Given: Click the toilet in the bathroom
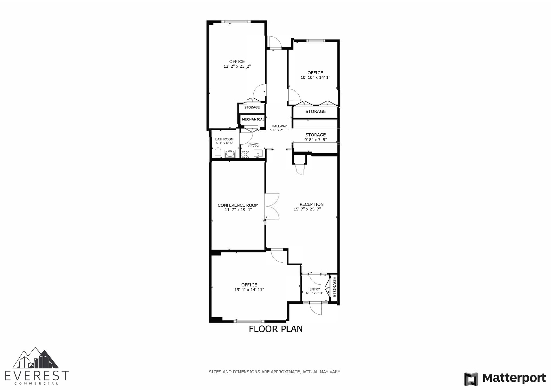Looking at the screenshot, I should tap(218, 153).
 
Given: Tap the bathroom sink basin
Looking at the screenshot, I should tap(230, 154).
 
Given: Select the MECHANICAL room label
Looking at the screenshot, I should tap(253, 119).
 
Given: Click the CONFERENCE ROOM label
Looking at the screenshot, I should tap(238, 205).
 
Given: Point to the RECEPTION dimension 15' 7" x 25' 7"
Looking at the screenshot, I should tap(307, 209).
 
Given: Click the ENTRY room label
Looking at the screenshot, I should tap(315, 289).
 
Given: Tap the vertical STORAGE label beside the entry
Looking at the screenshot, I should tap(334, 287).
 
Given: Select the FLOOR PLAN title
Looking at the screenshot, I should tap(275, 329).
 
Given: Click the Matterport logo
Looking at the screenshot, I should tap(505, 378).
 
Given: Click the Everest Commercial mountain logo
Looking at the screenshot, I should tap(36, 358).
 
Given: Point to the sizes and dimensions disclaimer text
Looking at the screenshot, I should tap(275, 372).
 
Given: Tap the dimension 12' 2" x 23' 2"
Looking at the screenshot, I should tap(237, 66).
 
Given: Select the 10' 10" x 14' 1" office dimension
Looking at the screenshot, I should tap(315, 78).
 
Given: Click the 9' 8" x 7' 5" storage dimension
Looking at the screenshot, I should tap(315, 140).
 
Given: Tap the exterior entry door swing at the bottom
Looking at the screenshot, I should tap(316, 309).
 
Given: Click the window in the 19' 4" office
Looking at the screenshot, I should tap(249, 321).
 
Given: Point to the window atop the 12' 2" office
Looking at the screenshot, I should tap(236, 22).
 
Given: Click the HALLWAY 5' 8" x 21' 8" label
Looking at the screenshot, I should tap(279, 128).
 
